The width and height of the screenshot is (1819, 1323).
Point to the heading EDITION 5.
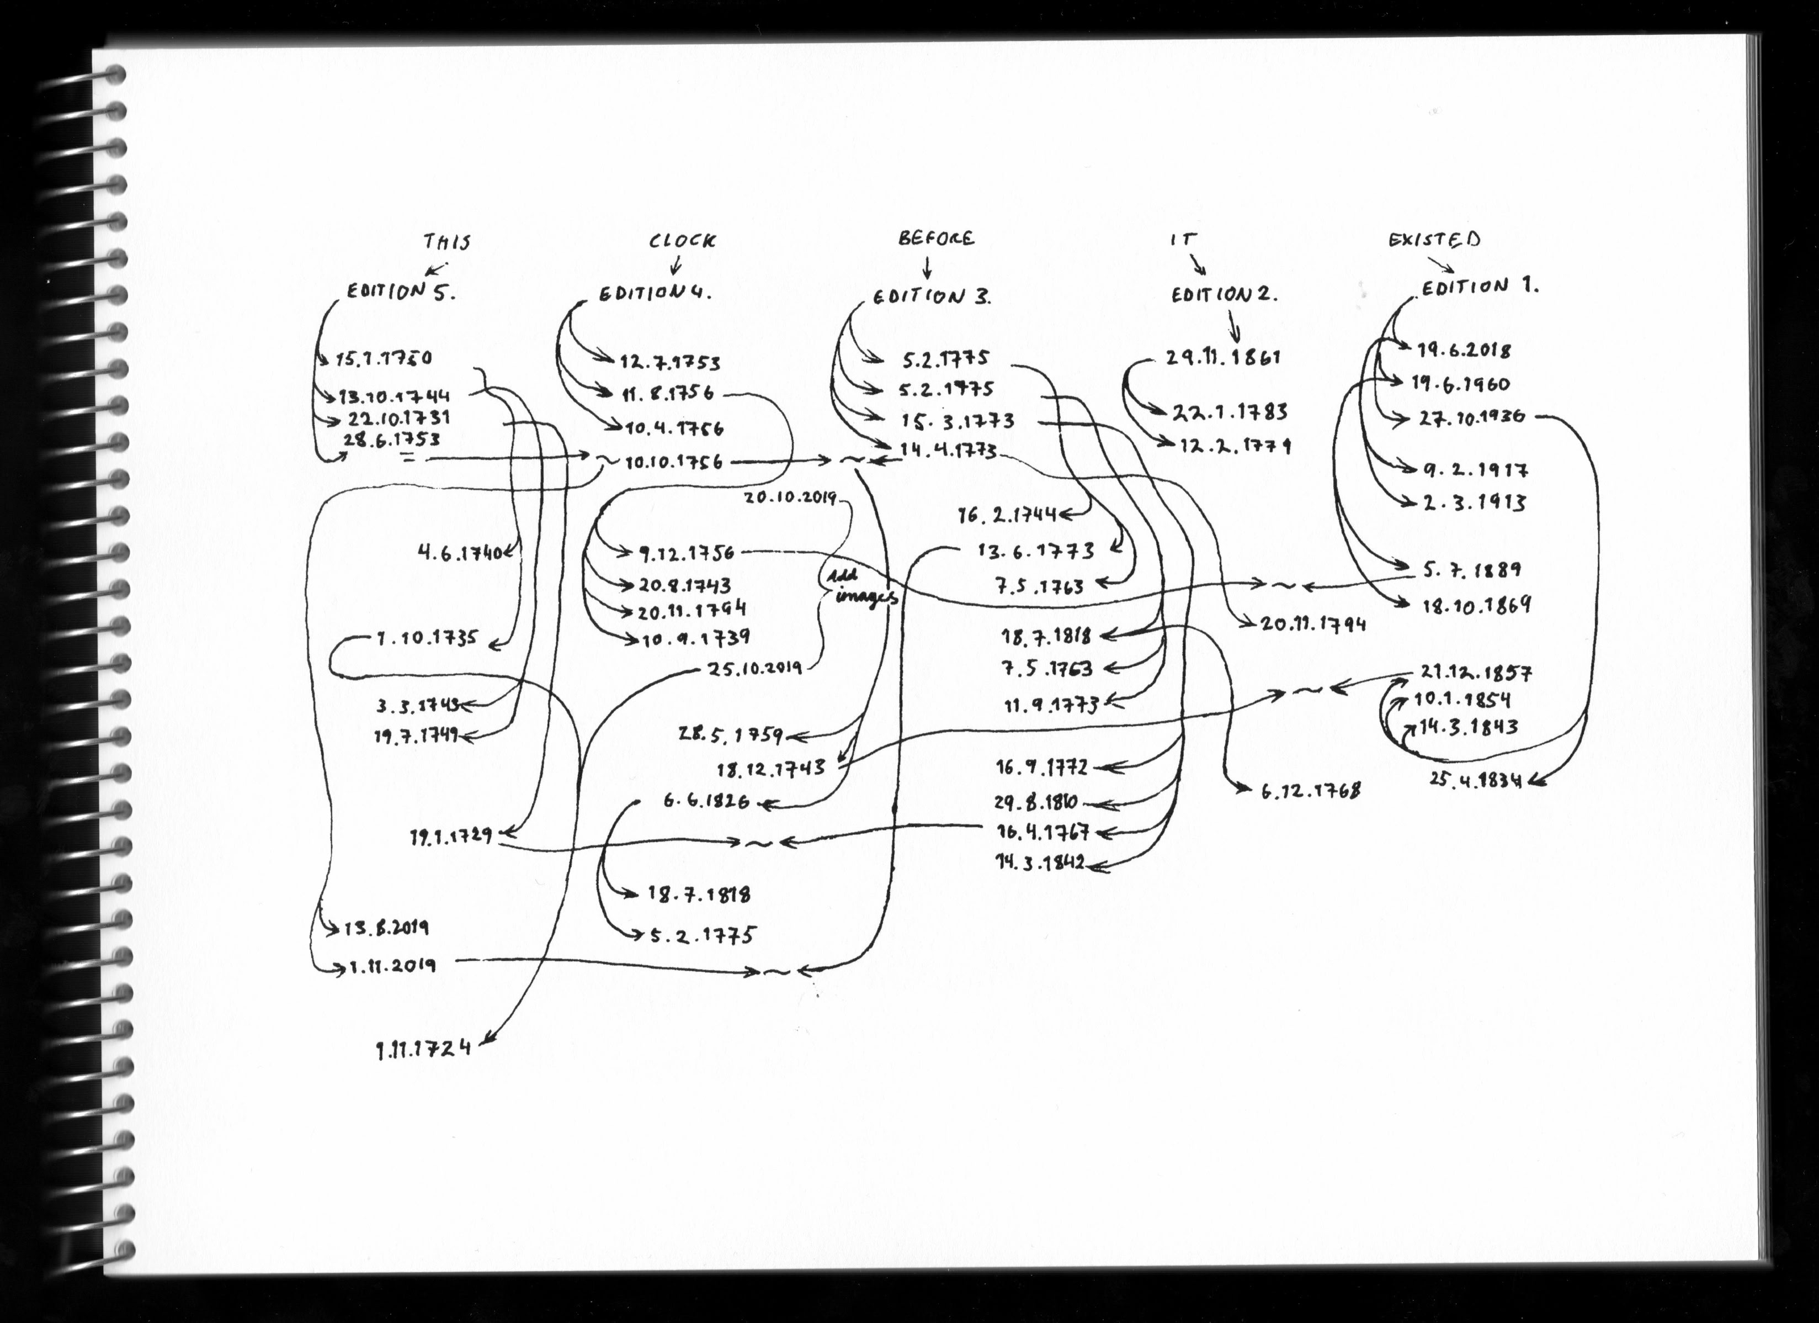tap(400, 292)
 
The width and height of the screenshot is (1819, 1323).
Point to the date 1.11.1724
tap(423, 1048)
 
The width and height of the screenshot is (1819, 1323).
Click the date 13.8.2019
tap(386, 928)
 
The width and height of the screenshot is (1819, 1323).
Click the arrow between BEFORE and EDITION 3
tap(928, 266)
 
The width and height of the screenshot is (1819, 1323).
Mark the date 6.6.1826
tap(706, 801)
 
